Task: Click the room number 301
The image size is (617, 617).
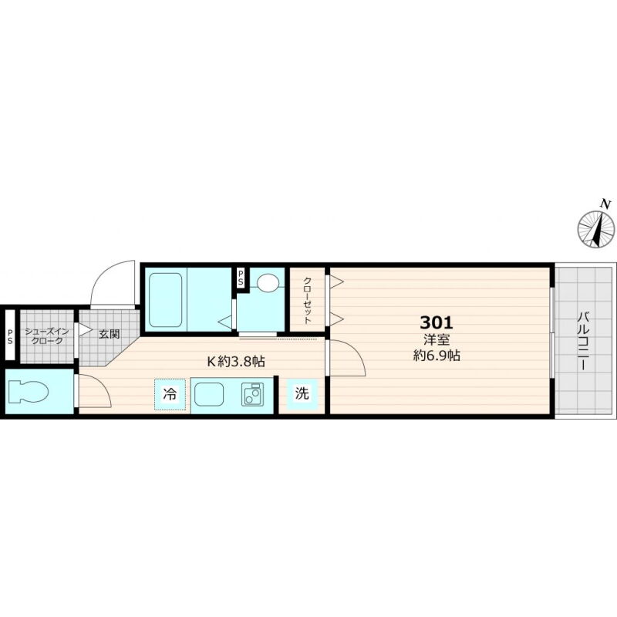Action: click(x=437, y=322)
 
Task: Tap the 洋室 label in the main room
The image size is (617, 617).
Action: click(x=437, y=339)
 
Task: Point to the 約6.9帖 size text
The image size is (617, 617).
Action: click(x=437, y=356)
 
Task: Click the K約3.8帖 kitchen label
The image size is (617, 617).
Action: click(x=236, y=361)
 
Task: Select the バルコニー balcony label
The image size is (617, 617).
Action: click(x=584, y=341)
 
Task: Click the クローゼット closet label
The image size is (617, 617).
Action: click(x=307, y=301)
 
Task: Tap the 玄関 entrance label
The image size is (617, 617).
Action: click(x=109, y=335)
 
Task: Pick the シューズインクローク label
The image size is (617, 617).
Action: click(x=47, y=336)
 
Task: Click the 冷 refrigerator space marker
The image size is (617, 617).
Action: click(x=170, y=394)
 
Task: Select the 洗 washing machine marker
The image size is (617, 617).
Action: click(x=302, y=393)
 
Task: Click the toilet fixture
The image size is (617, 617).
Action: click(x=28, y=392)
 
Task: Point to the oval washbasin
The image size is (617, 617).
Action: click(x=268, y=282)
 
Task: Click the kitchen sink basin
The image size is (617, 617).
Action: click(x=209, y=394)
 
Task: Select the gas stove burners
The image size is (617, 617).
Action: click(x=252, y=394)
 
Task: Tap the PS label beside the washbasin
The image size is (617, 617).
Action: click(x=241, y=278)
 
